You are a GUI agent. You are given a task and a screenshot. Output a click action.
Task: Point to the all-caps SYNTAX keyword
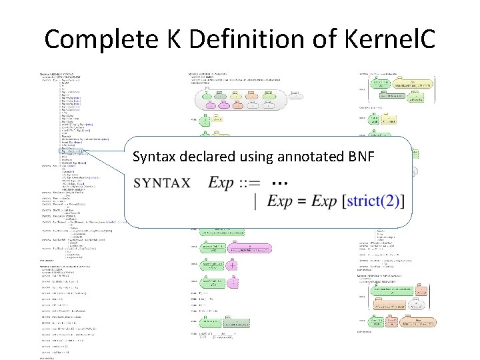(x=163, y=183)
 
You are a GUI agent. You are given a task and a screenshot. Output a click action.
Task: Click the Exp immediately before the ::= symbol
(x=223, y=182)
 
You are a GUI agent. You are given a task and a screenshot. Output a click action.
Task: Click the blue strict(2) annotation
(x=377, y=201)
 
